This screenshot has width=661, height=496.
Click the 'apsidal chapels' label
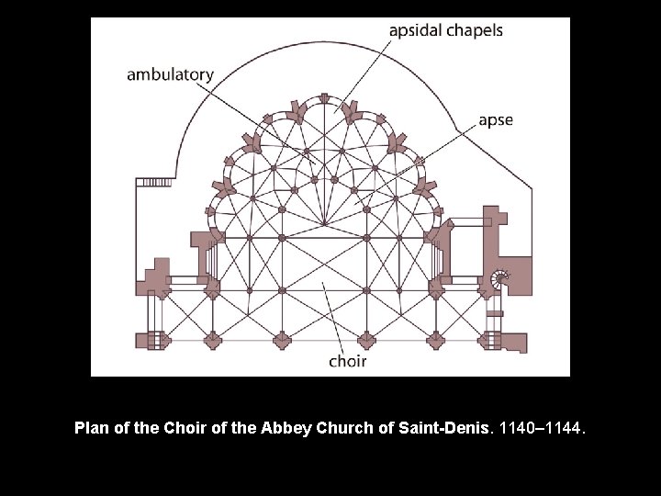(x=446, y=30)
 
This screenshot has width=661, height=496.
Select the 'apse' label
(x=496, y=120)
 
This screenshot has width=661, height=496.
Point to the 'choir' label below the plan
(x=348, y=361)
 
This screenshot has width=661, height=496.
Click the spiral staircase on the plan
(x=500, y=279)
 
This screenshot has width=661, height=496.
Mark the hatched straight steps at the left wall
(x=153, y=182)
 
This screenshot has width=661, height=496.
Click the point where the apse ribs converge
(x=325, y=223)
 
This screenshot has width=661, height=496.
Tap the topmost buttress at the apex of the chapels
(x=324, y=97)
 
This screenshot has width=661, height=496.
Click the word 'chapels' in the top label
(x=475, y=30)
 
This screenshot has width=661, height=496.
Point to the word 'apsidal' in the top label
(x=416, y=30)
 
